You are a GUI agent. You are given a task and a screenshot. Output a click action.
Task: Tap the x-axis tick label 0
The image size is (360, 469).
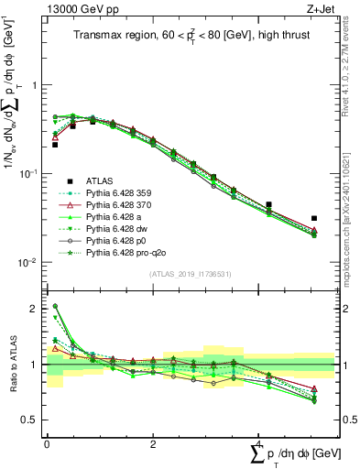(47, 444)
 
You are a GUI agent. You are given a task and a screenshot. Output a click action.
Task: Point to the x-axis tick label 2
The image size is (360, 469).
(152, 444)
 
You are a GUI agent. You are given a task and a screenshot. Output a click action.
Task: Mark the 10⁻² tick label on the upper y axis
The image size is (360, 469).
(27, 262)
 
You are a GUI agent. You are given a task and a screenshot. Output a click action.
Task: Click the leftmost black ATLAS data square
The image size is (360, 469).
(55, 145)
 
